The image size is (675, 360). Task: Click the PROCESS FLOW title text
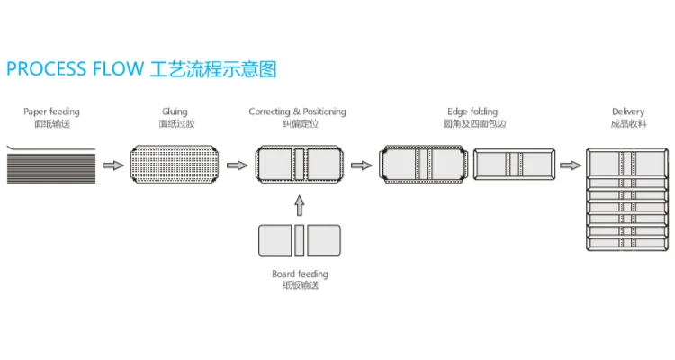tap(74, 69)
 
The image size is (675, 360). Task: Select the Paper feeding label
tap(51, 112)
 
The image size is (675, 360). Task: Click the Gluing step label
tap(175, 112)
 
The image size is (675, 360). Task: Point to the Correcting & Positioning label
tap(297, 112)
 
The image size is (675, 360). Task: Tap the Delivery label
tap(627, 112)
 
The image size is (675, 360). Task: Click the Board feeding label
tap(300, 274)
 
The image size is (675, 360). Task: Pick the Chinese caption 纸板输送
tap(300, 285)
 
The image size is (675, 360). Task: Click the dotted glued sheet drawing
tap(175, 165)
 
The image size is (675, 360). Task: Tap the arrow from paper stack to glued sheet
tap(112, 166)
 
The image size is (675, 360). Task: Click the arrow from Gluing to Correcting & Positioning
tap(237, 166)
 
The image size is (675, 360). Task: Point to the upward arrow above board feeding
tap(300, 206)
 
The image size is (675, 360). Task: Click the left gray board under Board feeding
tap(274, 240)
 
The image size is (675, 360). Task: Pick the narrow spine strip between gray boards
tap(300, 240)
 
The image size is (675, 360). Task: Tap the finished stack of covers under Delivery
tap(627, 200)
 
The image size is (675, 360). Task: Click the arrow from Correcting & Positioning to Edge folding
tap(361, 166)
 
